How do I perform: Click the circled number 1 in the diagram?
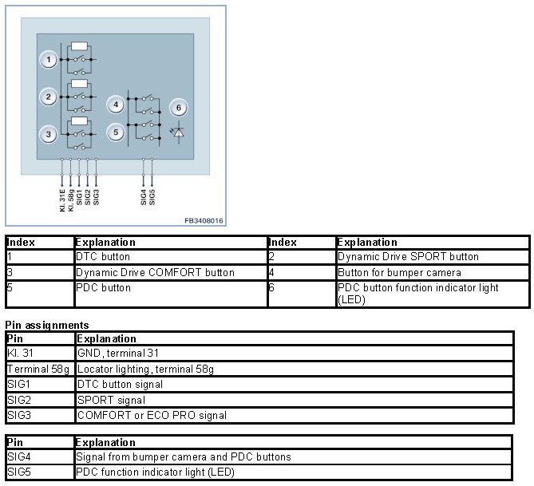pos(49,60)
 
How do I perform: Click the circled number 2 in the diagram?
pos(49,97)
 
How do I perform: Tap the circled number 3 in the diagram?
pos(49,135)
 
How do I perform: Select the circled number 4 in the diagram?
pos(117,105)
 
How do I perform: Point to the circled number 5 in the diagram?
pos(117,132)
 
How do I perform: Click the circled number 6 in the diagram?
pos(179,109)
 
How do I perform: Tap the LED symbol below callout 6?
pos(178,132)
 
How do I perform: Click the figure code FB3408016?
pos(204,220)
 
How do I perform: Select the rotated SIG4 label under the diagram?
pos(144,197)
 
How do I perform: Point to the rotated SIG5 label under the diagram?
pos(152,197)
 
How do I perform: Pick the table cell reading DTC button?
pos(103,257)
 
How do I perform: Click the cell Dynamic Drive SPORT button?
pos(408,257)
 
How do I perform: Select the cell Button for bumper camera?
pos(399,272)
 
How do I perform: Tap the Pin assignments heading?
pos(47,326)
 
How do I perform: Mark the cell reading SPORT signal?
pos(111,400)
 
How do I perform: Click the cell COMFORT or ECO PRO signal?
pos(152,415)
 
